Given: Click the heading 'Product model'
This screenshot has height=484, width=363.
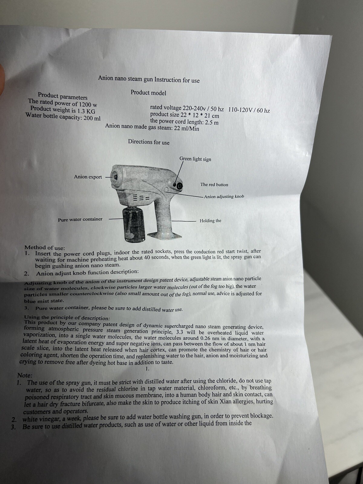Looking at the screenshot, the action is click(148, 93).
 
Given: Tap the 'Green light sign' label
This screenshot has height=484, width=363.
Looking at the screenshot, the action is click(195, 159).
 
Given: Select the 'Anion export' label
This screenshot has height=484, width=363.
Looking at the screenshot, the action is click(88, 177).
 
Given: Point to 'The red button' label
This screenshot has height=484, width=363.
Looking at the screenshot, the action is click(214, 185).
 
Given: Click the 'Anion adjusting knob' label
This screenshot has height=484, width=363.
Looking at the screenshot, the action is click(224, 196).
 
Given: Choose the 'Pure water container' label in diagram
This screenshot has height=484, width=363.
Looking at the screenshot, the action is click(80, 219).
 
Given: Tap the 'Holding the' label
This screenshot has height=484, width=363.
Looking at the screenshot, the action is click(211, 221).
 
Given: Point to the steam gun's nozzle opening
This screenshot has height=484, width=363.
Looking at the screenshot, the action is click(115, 176).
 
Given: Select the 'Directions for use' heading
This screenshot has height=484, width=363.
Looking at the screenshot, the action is click(149, 142).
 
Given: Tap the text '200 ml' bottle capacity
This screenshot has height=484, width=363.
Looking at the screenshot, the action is click(92, 118).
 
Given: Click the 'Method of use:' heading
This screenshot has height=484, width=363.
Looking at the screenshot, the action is click(45, 248).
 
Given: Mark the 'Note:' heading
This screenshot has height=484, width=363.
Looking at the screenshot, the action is click(25, 375).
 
